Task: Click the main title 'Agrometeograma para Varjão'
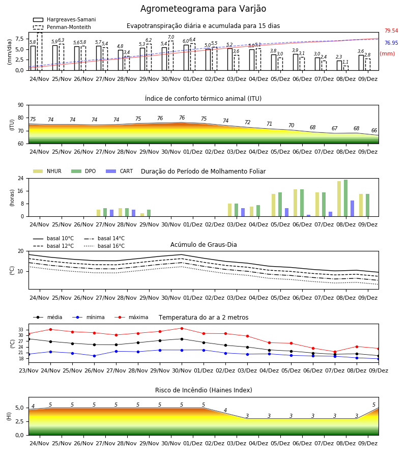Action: coord(203,9)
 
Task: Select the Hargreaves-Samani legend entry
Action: coord(65,19)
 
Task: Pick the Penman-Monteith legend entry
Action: coord(62,27)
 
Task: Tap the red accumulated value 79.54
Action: coord(391,31)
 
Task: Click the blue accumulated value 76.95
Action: coord(391,43)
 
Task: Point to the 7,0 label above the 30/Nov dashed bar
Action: coord(171,37)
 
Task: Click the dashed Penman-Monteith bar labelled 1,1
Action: coord(345,68)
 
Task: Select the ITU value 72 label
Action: coord(248,122)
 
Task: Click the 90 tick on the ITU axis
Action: coord(20,105)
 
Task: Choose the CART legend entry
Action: coord(120,171)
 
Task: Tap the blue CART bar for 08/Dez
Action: coord(353,209)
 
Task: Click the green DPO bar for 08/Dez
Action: coord(345,198)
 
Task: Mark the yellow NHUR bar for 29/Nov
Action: coord(142,215)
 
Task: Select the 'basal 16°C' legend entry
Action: coord(104,246)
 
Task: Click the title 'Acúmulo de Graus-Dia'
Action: coord(203,244)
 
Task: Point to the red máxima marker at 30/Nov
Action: coord(182,328)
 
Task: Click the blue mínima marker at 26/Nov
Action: coord(94,356)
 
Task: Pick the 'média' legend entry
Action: coord(48,317)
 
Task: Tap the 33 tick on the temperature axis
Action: coord(21,330)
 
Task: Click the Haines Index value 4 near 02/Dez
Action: coord(225,410)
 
